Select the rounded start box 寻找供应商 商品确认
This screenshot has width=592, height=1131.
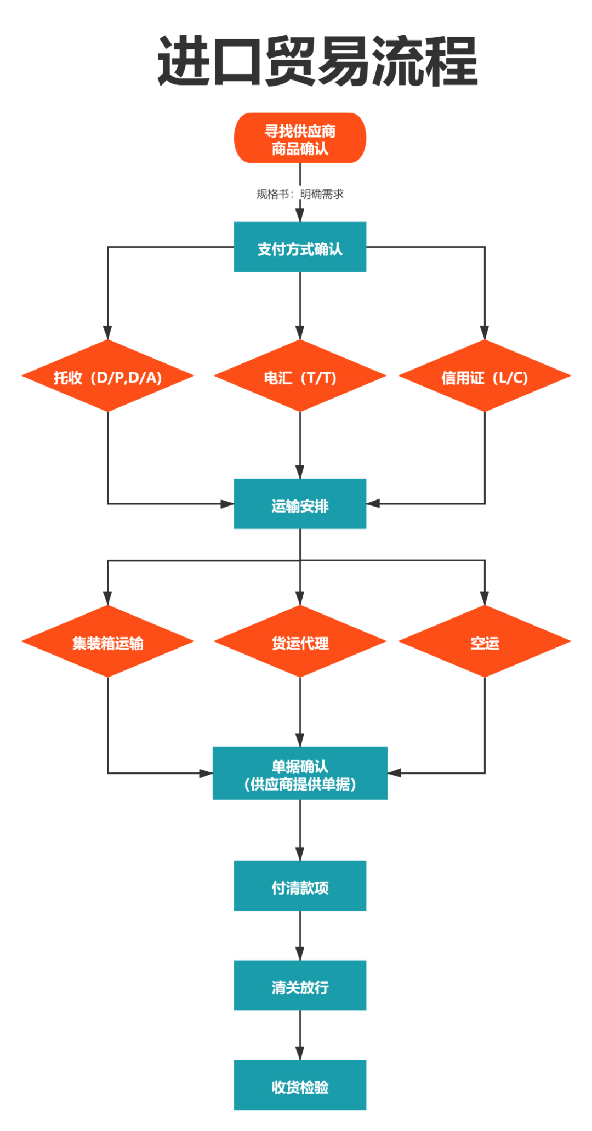click(x=300, y=138)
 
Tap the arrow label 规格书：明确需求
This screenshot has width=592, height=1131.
click(x=300, y=194)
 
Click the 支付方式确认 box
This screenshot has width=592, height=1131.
click(x=300, y=247)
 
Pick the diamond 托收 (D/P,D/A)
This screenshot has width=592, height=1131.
click(x=107, y=377)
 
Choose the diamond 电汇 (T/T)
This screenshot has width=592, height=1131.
click(x=300, y=377)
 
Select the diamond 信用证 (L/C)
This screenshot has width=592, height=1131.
click(x=485, y=377)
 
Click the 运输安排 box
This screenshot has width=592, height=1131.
click(x=300, y=504)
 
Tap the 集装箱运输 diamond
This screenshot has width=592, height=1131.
click(x=107, y=642)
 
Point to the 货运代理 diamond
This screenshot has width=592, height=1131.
click(x=300, y=642)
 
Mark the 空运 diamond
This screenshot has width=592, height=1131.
click(x=485, y=642)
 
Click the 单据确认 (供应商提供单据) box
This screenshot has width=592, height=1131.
click(x=300, y=774)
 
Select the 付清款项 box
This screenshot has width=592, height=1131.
click(x=300, y=886)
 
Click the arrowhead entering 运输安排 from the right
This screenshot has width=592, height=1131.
click(x=373, y=503)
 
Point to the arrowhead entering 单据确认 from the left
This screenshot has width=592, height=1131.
click(x=206, y=774)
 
